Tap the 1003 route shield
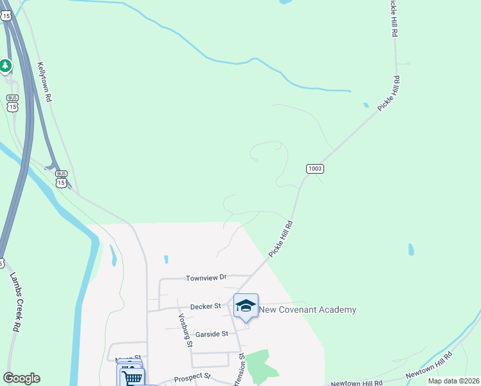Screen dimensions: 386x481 click(314, 169)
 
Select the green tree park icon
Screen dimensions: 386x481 click(6, 66)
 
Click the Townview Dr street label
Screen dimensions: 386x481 click(206, 278)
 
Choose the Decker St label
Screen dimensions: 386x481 click(205, 306)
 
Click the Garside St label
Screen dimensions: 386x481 click(212, 334)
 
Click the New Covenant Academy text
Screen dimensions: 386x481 click(307, 310)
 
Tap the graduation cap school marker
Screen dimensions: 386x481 click(246, 306)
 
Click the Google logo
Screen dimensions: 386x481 click(21, 378)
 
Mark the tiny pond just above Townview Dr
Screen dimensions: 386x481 click(166, 259)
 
